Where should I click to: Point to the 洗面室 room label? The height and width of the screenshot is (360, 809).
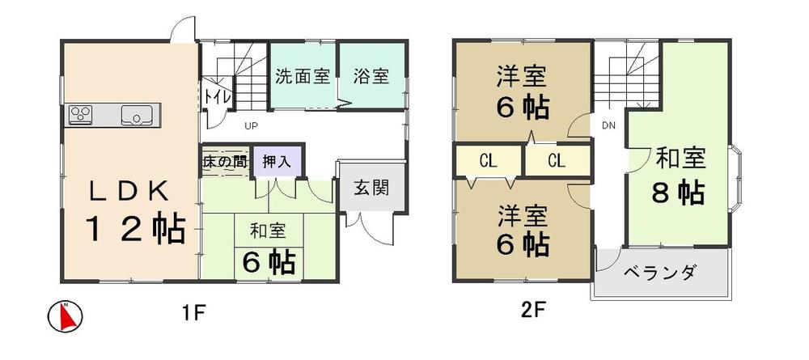tap(302, 77)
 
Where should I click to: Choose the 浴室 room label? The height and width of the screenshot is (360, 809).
tap(371, 77)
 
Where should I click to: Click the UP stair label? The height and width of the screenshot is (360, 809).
tap(252, 127)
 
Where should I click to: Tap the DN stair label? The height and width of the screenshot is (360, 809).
tap(608, 125)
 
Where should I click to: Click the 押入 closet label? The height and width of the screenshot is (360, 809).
tap(277, 160)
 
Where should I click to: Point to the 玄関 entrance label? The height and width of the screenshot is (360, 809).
tap(371, 188)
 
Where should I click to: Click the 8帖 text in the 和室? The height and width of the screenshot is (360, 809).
tap(677, 193)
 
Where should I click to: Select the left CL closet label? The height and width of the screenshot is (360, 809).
tap(487, 161)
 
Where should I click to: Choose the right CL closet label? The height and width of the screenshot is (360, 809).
tap(556, 161)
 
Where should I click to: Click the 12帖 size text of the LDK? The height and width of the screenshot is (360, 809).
tap(135, 229)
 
